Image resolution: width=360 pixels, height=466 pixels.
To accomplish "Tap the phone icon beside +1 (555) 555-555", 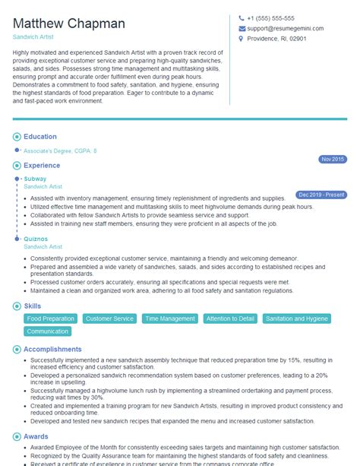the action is click(242, 18).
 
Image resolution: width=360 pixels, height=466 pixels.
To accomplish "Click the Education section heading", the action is click(40, 137).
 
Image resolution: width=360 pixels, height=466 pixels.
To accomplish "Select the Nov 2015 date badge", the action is click(333, 159).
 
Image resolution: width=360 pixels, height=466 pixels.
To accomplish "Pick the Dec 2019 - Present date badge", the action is click(321, 195).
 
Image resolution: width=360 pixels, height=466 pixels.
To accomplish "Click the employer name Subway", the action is click(35, 179).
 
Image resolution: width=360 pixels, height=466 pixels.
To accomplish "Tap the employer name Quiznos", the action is click(36, 239).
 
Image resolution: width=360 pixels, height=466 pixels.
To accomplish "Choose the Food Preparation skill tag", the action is click(50, 319).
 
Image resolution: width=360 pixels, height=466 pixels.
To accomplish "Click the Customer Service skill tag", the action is click(109, 319).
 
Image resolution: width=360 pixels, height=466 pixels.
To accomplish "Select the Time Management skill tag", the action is click(170, 319).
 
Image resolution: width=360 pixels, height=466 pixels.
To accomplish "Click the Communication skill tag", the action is click(48, 331).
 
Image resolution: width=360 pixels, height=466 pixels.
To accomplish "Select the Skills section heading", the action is click(33, 305).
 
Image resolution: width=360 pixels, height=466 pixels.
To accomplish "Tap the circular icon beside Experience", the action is click(17, 164).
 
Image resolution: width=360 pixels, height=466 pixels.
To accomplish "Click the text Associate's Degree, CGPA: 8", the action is click(60, 151).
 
